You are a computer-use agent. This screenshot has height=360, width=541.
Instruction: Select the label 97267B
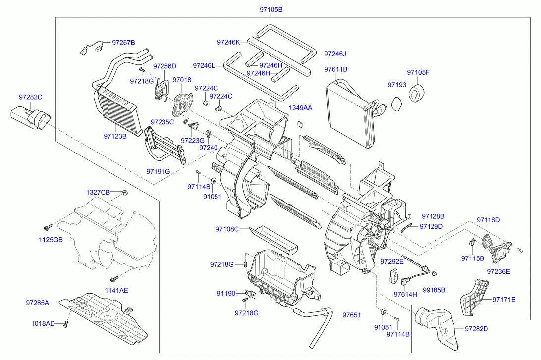click(123, 43)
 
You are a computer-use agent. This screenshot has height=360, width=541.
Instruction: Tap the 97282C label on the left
click(31, 97)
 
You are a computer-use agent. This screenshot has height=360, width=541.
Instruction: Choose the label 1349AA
click(301, 108)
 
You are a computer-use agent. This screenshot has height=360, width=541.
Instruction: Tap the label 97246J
click(335, 54)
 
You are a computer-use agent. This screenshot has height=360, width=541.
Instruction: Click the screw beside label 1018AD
click(65, 324)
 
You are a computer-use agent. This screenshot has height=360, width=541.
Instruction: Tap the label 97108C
click(227, 229)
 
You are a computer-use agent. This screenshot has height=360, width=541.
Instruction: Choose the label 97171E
click(504, 299)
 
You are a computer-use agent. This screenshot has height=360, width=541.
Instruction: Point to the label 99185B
click(433, 290)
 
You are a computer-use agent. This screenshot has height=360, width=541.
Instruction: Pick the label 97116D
click(488, 220)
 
